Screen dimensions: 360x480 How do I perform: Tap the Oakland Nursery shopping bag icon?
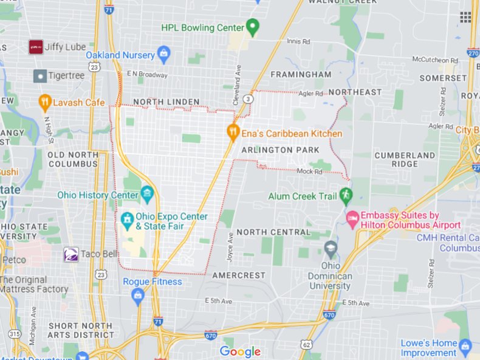163,55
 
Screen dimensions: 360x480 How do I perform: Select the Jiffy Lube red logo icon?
36,47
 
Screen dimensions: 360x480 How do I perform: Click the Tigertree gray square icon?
40,76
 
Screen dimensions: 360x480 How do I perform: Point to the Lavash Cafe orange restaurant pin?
44,102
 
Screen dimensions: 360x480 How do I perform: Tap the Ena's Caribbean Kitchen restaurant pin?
231,132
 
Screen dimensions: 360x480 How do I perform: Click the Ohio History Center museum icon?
146,195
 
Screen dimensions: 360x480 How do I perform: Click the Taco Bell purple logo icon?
71,254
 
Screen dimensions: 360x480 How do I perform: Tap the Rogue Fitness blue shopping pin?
138,296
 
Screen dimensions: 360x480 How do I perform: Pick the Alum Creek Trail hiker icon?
346,195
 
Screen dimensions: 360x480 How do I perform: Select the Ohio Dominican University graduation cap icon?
331,248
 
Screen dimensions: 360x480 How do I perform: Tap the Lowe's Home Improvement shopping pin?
465,347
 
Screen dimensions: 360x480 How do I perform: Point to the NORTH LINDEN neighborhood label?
166,102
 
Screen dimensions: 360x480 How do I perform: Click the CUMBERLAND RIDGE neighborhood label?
405,159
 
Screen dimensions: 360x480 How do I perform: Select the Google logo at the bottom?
240,351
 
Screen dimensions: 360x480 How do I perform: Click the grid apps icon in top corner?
465,17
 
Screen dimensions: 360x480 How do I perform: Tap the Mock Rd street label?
309,171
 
